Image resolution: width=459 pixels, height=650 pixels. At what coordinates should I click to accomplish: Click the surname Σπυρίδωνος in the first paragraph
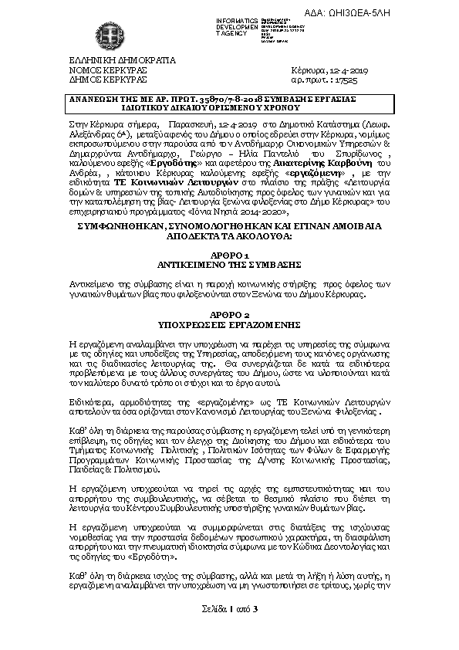359,155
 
